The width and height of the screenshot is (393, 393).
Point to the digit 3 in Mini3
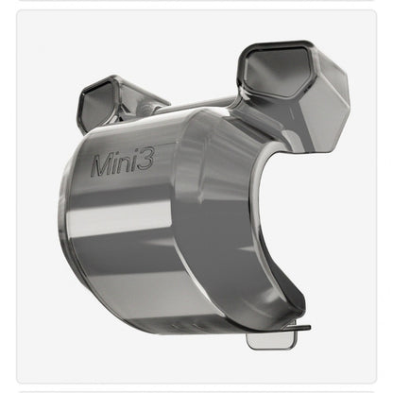150,161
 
